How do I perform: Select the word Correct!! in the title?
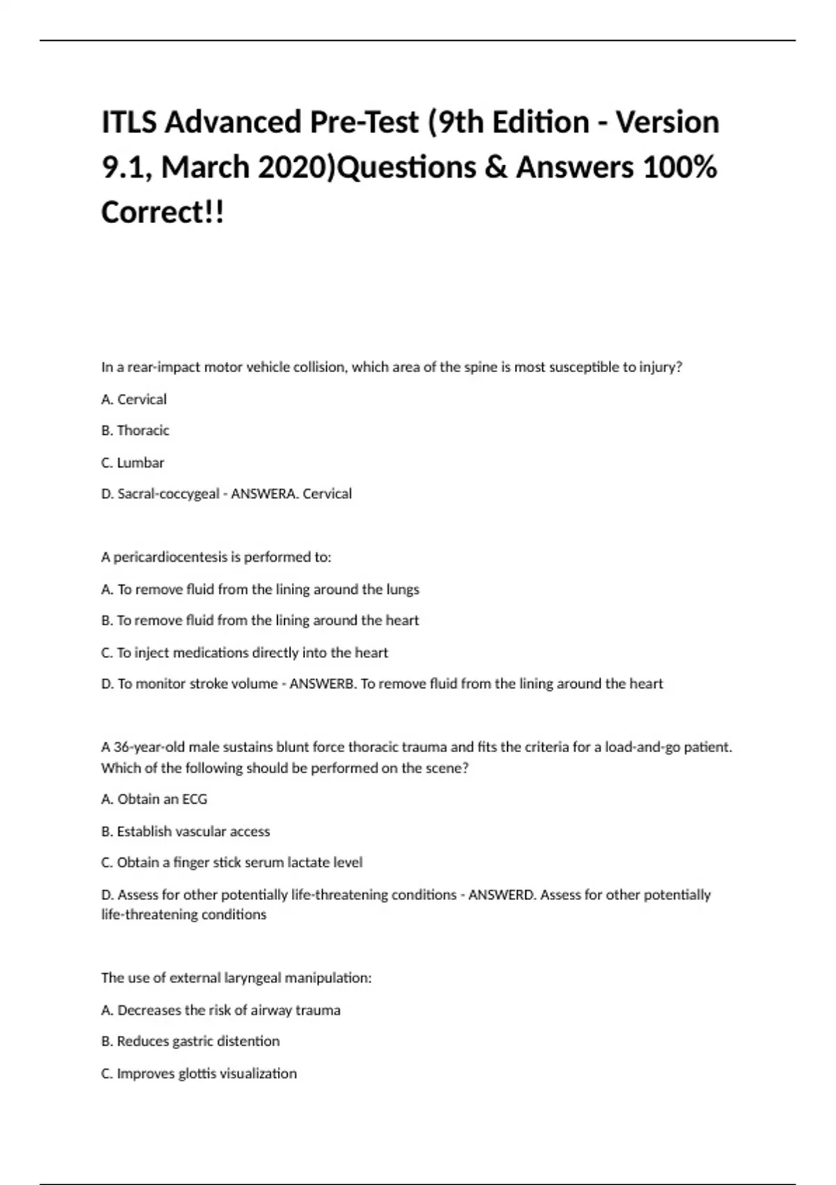[163, 212]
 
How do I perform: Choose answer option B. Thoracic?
[135, 431]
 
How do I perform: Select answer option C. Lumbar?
[132, 463]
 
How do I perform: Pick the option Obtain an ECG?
[155, 800]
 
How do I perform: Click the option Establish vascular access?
[186, 832]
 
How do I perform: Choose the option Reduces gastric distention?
[190, 1041]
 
